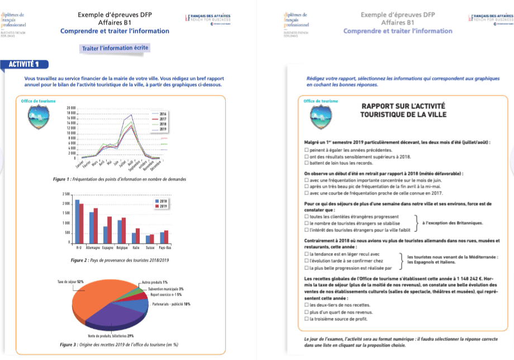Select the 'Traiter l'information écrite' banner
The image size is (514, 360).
pyautogui.click(x=116, y=48)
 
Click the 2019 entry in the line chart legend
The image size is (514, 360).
pyautogui.click(x=163, y=129)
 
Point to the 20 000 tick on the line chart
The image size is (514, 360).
pyautogui.click(x=71, y=108)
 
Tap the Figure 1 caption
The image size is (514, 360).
pyautogui.click(x=118, y=179)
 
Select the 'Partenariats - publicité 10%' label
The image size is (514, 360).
pyautogui.click(x=172, y=304)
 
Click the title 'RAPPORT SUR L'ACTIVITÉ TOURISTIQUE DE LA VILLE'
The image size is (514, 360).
pyautogui.click(x=403, y=110)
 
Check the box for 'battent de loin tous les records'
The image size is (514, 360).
pyautogui.click(x=306, y=162)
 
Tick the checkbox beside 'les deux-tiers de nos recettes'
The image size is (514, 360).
pyautogui.click(x=306, y=305)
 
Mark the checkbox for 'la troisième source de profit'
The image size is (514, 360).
pyautogui.click(x=306, y=319)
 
